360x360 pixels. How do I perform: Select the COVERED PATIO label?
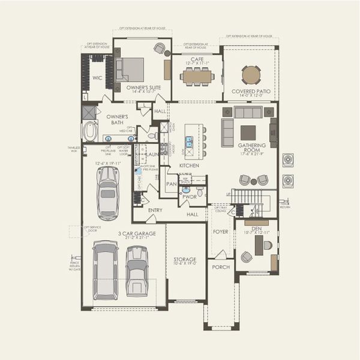pos(251,91)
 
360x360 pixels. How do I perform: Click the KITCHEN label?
pos(189,165)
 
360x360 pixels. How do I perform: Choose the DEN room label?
pos(257,228)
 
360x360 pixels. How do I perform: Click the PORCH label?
pos(220,267)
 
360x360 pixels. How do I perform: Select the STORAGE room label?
pos(185,259)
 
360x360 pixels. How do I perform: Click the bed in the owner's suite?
pos(130,69)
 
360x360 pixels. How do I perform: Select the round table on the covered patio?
pos(251,74)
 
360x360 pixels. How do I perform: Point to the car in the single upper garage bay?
pos(108,192)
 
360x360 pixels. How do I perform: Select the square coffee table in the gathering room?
pos(248,132)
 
